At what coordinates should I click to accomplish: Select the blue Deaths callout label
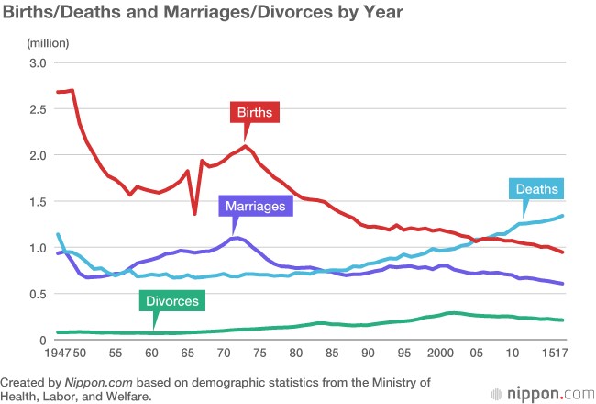pos(537,190)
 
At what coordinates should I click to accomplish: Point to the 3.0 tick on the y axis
pos(37,62)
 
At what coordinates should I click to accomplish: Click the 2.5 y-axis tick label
pos(37,109)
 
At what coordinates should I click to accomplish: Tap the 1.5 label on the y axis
pos(37,202)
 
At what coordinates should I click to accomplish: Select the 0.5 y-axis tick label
pos(37,294)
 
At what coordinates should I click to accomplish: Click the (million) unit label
pos(43,44)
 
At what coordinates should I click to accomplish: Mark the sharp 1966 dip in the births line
pos(194,214)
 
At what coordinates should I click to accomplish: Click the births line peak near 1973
pos(246,147)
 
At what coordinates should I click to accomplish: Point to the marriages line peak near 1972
pos(237,239)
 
